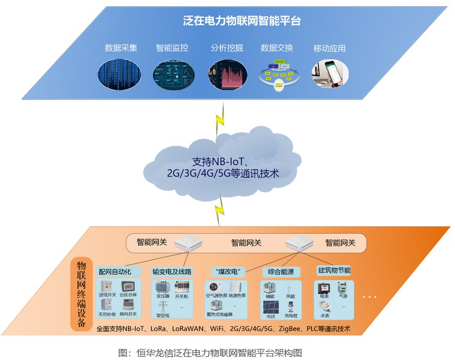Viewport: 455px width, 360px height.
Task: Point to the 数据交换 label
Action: (277, 47)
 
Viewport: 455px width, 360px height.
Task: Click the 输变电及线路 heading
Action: (172, 271)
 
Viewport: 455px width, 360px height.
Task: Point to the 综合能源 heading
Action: (278, 271)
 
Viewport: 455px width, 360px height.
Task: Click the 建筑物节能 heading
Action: (333, 270)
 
